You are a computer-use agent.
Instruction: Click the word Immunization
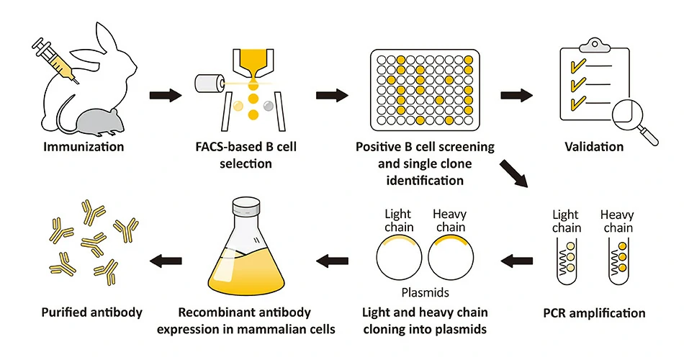[x=84, y=147]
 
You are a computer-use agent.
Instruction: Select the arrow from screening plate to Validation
[x=516, y=94]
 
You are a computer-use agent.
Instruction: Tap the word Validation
[x=593, y=147]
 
